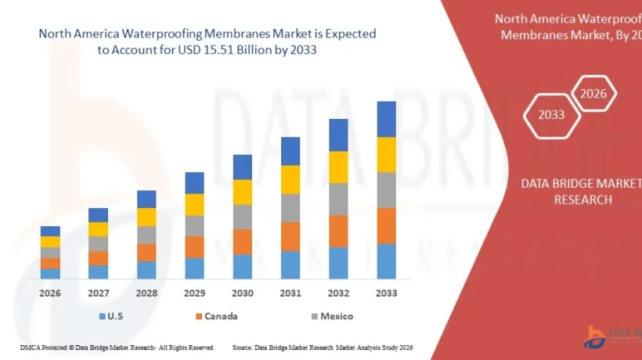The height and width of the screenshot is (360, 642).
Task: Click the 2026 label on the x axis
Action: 51,293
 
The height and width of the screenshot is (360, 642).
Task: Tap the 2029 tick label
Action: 194,293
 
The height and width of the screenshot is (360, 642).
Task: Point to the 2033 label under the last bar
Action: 386,293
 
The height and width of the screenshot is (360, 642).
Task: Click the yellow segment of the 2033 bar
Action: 386,154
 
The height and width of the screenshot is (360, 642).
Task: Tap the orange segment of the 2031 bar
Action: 290,236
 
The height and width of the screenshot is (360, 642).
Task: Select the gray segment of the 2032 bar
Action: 338,199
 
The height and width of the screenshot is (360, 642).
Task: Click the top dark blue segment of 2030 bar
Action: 243,167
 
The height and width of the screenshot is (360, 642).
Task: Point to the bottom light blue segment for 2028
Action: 146,270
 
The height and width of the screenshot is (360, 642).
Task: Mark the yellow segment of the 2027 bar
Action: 99,229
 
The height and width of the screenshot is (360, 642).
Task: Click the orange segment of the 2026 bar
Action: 51,263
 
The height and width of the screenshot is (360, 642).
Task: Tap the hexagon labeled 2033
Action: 551,114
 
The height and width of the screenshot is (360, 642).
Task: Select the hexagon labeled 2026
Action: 593,94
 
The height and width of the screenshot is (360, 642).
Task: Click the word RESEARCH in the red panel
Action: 582,200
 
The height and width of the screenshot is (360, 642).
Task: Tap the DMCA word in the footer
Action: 29,347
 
